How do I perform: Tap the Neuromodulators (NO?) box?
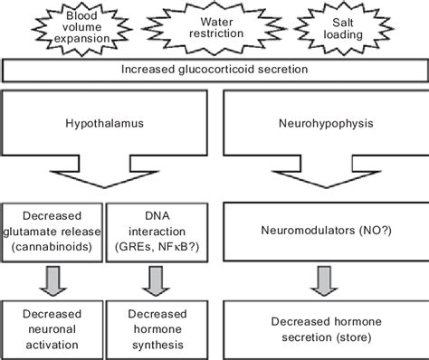click(329, 232)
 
